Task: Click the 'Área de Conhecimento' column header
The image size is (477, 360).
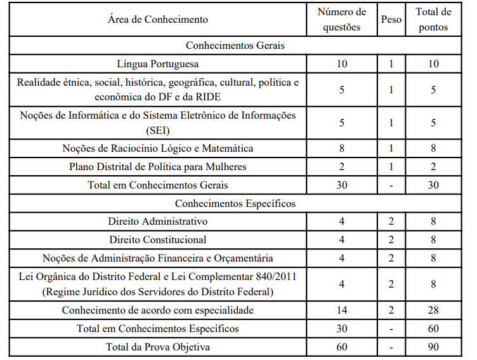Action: tap(158, 19)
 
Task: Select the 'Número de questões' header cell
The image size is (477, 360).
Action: tap(342, 19)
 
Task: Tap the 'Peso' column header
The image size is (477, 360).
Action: tap(391, 19)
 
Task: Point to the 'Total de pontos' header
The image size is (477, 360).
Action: tap(433, 19)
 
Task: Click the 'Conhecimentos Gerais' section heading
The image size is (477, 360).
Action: tap(235, 46)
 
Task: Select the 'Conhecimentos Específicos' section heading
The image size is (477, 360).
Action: tap(235, 204)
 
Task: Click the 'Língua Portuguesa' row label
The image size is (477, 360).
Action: tap(158, 64)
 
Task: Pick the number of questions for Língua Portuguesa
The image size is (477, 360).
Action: tap(342, 64)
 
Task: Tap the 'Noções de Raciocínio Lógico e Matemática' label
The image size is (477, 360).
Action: tap(158, 149)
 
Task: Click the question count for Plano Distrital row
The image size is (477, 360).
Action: tap(342, 167)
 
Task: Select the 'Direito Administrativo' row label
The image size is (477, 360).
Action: tap(158, 222)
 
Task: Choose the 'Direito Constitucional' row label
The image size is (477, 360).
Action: tap(158, 240)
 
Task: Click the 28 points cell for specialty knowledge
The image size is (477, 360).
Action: tap(433, 310)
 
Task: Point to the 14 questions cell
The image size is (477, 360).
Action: tap(342, 310)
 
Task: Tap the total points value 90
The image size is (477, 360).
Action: tap(433, 347)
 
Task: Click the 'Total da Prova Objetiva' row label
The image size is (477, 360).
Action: tap(158, 347)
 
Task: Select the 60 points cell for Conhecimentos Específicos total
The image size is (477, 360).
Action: tap(433, 329)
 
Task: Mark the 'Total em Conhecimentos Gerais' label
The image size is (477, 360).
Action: tap(158, 185)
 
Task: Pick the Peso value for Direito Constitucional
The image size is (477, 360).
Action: tap(391, 240)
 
